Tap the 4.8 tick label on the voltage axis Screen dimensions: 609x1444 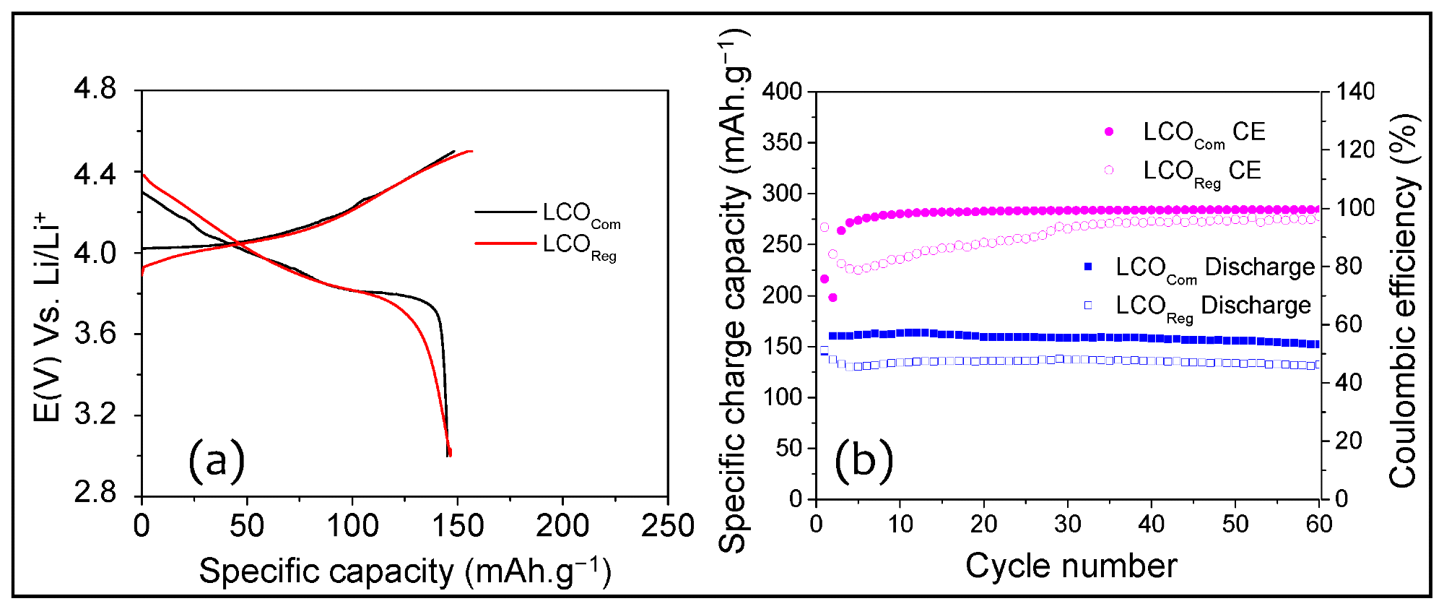coord(95,90)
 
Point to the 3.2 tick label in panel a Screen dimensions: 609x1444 coord(95,415)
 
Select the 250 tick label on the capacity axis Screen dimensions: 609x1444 coord(668,525)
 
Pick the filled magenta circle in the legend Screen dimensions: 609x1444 coord(1109,131)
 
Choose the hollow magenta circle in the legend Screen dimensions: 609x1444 coord(1109,170)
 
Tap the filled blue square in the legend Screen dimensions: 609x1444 coord(1088,267)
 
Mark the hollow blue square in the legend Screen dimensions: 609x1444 coord(1088,305)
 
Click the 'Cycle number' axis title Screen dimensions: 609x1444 coord(1071,566)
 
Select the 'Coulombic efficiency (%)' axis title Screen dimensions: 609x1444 coord(1404,301)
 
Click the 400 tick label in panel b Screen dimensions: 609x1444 coord(783,91)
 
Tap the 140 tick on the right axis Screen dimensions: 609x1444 coord(1354,91)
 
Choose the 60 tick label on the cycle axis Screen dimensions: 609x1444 coord(1318,524)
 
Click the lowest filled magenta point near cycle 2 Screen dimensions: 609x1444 coord(832,298)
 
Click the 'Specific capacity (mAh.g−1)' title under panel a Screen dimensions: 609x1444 coord(405,571)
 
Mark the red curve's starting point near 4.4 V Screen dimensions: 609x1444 coord(144,174)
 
